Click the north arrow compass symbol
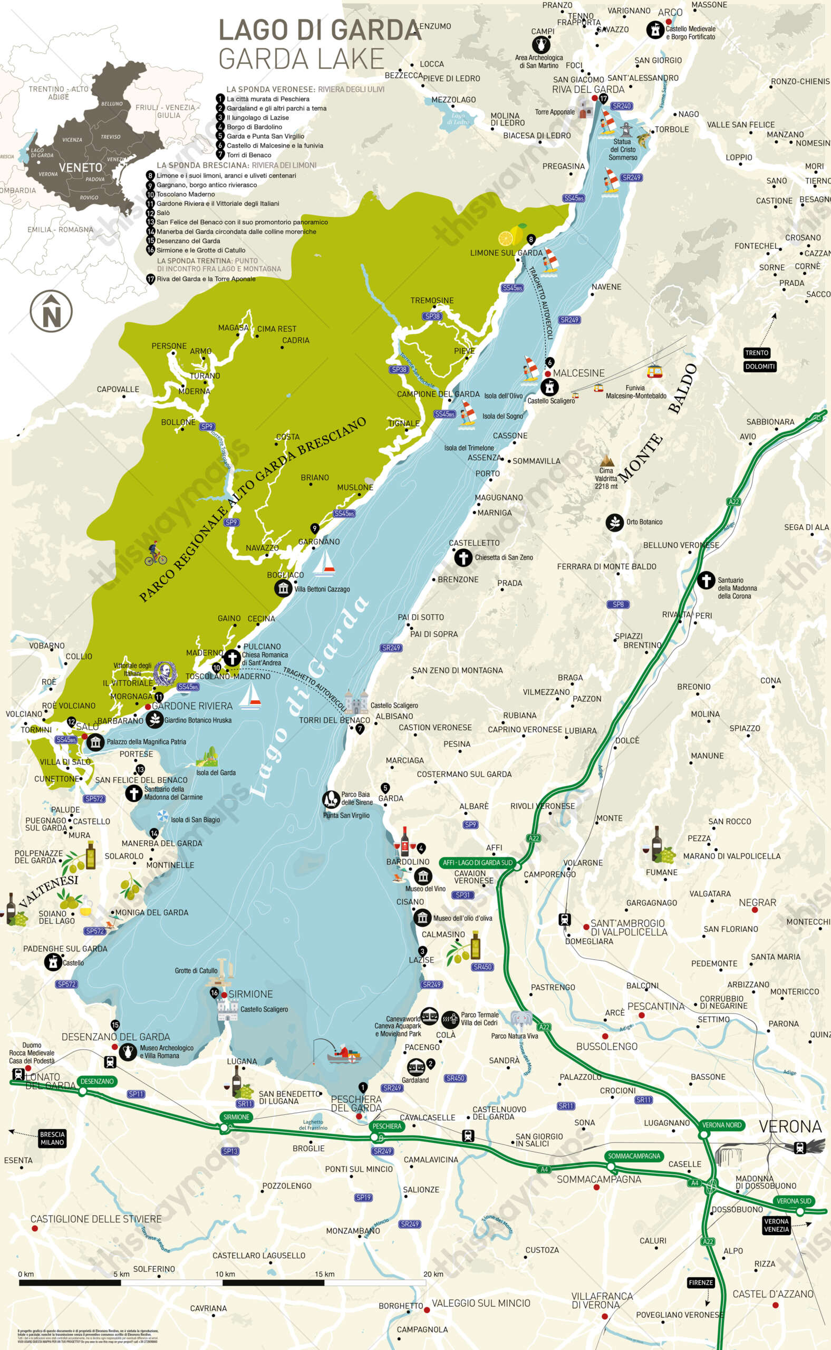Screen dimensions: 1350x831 (51, 311)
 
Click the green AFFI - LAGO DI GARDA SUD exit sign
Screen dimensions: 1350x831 (477, 862)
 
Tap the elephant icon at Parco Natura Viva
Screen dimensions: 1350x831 (520, 1020)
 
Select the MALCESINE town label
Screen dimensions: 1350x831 (578, 373)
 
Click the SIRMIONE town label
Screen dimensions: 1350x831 (250, 994)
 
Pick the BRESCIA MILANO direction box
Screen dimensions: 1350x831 (52, 1138)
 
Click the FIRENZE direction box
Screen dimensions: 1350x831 (701, 1282)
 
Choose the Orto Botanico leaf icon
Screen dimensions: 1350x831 (614, 523)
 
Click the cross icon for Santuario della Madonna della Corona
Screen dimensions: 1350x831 (706, 581)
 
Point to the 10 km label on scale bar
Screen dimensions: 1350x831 (225, 1274)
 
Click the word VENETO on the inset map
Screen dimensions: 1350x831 (80, 168)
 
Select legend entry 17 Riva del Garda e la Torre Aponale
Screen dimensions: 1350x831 (206, 278)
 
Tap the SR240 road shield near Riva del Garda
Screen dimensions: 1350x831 (622, 106)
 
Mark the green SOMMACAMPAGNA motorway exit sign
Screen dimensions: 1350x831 (634, 1156)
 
